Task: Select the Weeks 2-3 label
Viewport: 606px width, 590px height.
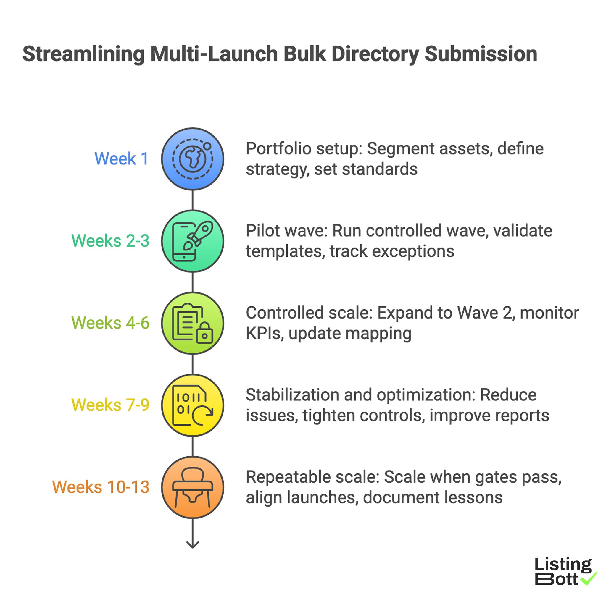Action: pos(110,241)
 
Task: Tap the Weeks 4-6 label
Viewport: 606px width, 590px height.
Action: pos(110,323)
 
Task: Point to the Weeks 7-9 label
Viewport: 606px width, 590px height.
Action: pos(110,405)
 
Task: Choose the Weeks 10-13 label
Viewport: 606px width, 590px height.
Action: pos(101,487)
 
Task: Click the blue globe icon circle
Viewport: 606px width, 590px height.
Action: pos(193,159)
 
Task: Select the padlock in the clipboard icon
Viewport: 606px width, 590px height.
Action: pos(204,333)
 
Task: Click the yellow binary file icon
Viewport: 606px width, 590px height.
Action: pos(193,405)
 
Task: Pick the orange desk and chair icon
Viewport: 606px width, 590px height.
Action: pos(193,487)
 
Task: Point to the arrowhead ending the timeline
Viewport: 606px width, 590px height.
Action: pos(193,544)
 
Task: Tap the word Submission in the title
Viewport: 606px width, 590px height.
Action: pos(481,54)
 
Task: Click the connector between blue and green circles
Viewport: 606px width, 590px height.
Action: pos(193,200)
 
